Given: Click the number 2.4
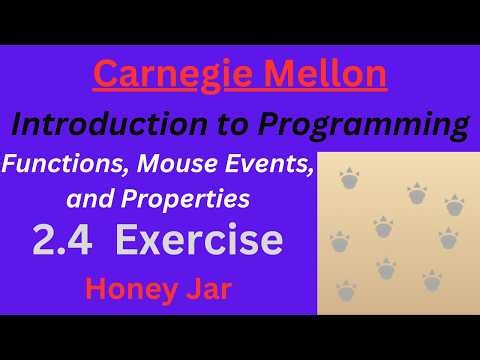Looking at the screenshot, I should click(x=62, y=241).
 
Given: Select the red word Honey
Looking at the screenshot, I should click(x=127, y=289).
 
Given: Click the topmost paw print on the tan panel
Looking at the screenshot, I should click(x=349, y=180).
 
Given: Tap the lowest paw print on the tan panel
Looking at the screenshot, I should click(x=346, y=292).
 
